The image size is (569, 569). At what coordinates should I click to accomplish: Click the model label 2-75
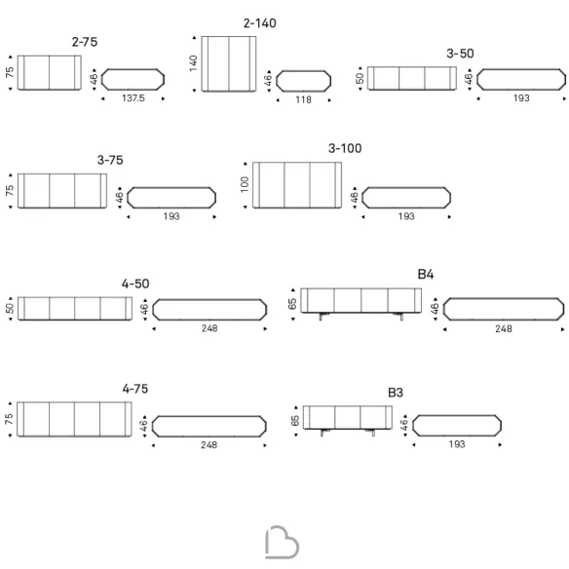pyautogui.click(x=85, y=42)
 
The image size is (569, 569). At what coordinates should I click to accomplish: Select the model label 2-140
pyautogui.click(x=260, y=23)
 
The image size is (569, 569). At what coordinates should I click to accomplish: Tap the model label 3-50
pyautogui.click(x=460, y=54)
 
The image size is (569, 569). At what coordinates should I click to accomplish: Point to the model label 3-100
pyautogui.click(x=345, y=148)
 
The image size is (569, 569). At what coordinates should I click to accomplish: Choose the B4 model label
pyautogui.click(x=426, y=275)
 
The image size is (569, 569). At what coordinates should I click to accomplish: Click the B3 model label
pyautogui.click(x=396, y=393)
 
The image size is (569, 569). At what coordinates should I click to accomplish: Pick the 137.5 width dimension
pyautogui.click(x=133, y=98)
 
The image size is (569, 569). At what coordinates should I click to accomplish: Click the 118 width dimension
pyautogui.click(x=303, y=99)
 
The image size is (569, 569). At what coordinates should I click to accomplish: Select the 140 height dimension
pyautogui.click(x=193, y=63)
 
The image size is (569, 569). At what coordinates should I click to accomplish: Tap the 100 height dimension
pyautogui.click(x=245, y=184)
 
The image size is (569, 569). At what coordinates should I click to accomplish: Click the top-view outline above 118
pyautogui.click(x=303, y=71)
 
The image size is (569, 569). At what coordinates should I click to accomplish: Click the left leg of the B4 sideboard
pyautogui.click(x=322, y=316)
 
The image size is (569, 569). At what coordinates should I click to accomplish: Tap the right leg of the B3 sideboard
pyautogui.click(x=371, y=432)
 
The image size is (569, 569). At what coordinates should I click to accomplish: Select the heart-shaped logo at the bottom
pyautogui.click(x=283, y=543)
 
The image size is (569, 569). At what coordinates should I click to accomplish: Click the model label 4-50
pyautogui.click(x=135, y=284)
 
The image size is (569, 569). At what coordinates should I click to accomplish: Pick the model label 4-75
pyautogui.click(x=135, y=389)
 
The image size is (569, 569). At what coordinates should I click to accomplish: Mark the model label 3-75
pyautogui.click(x=110, y=161)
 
